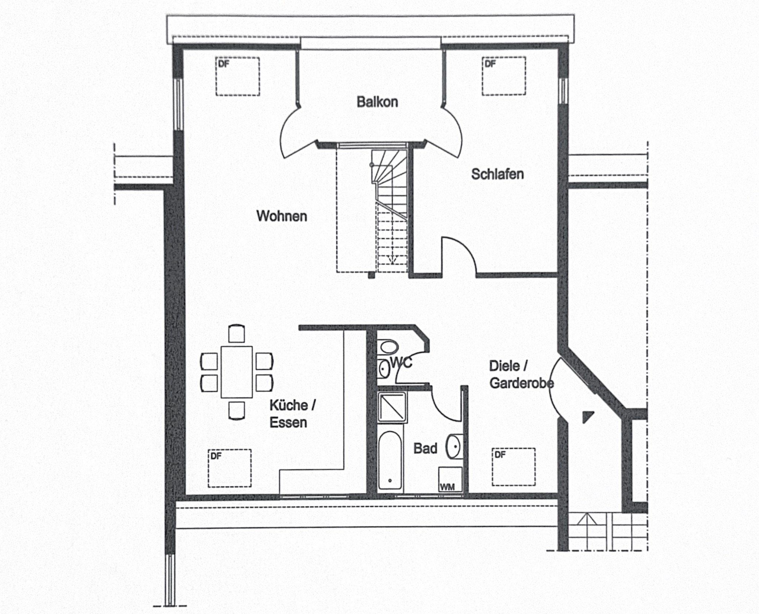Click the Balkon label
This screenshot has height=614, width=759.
tap(377, 102)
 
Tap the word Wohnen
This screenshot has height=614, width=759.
tap(282, 216)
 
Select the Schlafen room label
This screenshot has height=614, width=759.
tap(497, 174)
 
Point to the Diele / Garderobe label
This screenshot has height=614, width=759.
tap(521, 374)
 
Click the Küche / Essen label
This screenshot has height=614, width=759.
tap(292, 414)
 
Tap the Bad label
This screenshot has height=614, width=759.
tap(425, 448)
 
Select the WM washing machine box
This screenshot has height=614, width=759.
tap(450, 479)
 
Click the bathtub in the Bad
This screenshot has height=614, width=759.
tap(390, 460)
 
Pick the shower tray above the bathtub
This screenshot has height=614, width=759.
tap(392, 407)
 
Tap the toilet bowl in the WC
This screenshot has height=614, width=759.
tap(388, 347)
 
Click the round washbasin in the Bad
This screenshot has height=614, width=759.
tap(454, 446)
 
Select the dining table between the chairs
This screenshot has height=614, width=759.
tap(236, 372)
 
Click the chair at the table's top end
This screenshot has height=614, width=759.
tap(236, 334)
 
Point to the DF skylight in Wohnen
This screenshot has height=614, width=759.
tap(238, 76)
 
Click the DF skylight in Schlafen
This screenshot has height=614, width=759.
tap(504, 76)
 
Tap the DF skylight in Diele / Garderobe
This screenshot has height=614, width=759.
tap(514, 467)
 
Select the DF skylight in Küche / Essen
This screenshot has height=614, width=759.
tap(230, 468)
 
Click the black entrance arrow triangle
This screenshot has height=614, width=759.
tap(587, 417)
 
